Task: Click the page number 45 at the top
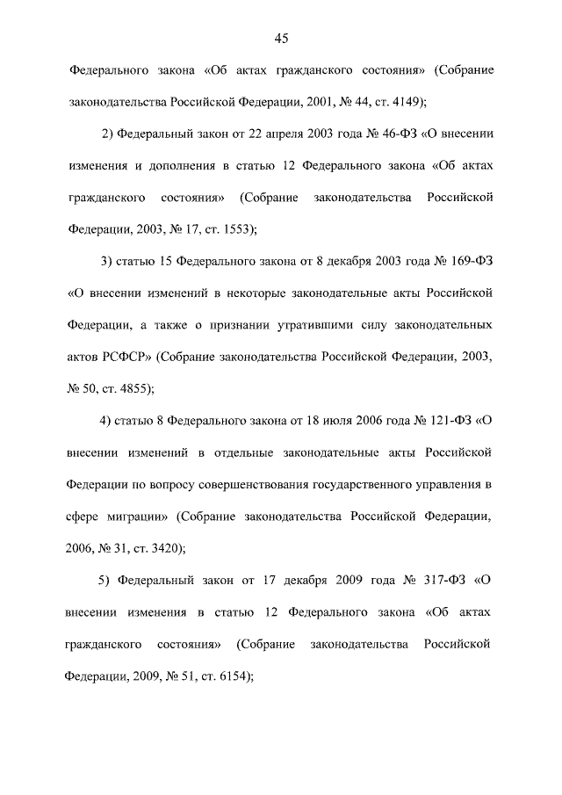(x=281, y=38)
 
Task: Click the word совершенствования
(x=268, y=482)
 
